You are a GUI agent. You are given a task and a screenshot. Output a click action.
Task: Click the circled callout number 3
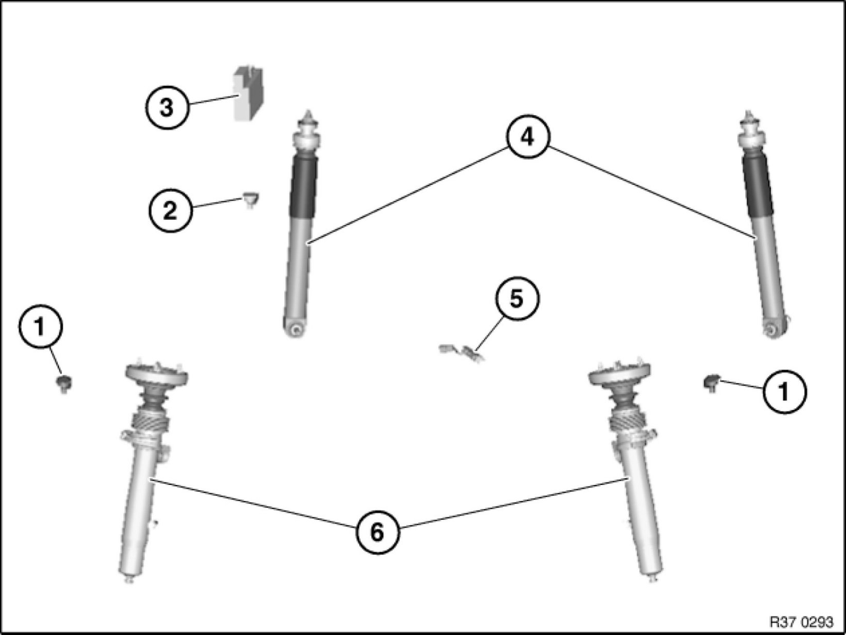pos(166,108)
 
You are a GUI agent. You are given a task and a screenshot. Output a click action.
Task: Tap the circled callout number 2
pos(170,210)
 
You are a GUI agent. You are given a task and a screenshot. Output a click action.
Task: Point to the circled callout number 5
pos(517,299)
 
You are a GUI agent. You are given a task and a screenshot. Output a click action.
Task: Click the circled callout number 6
pos(377,532)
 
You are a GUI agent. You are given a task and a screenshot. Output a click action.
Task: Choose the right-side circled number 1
pos(784,392)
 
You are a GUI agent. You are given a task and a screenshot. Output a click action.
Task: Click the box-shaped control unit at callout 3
pos(248,93)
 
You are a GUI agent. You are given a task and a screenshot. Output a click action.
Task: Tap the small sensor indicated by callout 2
pos(251,200)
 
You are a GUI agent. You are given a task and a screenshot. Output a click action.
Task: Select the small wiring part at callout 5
pos(461,353)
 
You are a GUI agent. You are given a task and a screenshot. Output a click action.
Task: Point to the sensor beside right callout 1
pos(712,383)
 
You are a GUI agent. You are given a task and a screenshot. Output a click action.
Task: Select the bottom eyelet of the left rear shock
pos(296,328)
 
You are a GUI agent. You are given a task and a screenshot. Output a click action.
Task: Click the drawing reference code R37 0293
pos(801,622)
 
